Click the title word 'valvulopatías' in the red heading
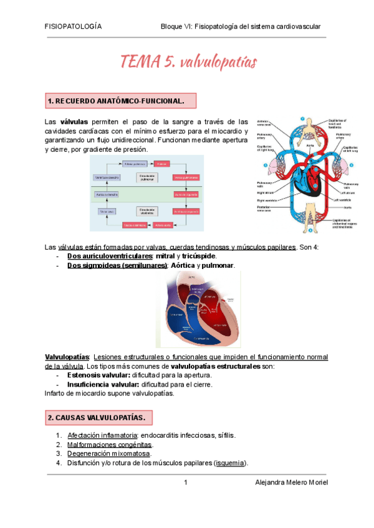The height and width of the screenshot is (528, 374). point(218,62)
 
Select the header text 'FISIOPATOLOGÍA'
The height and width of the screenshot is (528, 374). point(74,27)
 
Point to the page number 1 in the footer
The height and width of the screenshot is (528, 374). point(186,483)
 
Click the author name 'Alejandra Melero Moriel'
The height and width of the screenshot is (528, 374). point(292,483)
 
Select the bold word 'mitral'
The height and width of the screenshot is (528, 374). point(165,257)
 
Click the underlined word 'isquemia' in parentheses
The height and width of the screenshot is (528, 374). point(230,463)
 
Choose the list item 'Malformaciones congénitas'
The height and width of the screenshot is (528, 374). point(109,445)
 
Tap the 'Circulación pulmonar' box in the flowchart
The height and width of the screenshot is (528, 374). point(147,177)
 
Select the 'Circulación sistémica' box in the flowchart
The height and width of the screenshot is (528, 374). point(147,210)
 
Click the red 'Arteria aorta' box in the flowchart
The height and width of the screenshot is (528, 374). point(164,225)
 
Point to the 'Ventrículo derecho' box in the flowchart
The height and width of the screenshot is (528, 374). point(107,177)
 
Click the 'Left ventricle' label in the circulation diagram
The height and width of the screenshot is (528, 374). point(342,200)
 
